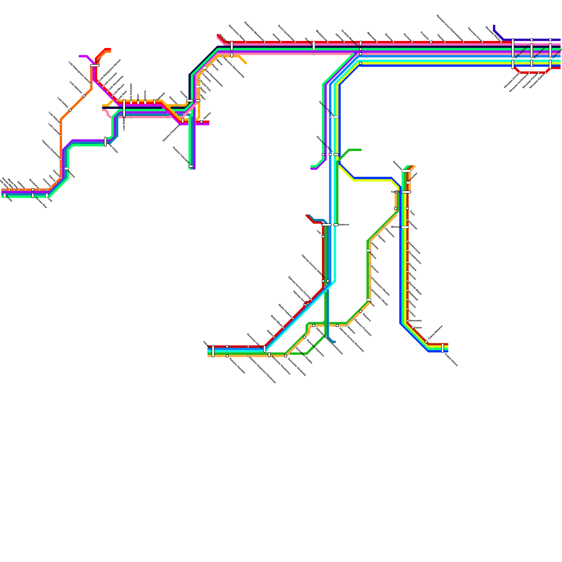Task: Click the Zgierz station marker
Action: (x=95, y=65)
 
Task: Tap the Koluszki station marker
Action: (x=190, y=101)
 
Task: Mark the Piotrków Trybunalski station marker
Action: (x=191, y=166)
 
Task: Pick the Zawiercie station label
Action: (x=344, y=224)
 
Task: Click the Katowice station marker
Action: (x=213, y=351)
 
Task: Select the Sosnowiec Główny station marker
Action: (x=265, y=349)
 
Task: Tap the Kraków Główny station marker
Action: (x=443, y=347)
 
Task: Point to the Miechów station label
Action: (x=396, y=227)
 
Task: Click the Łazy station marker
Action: (x=323, y=236)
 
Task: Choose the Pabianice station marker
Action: (x=67, y=169)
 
